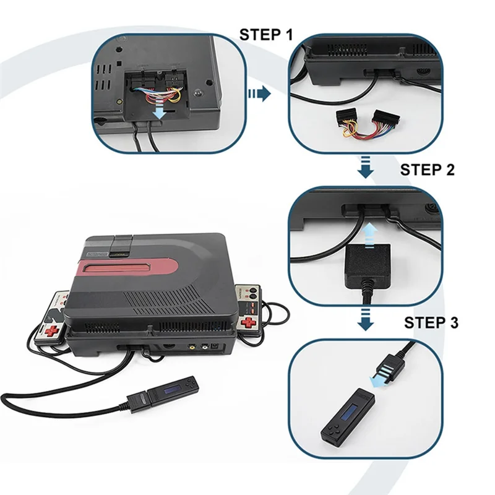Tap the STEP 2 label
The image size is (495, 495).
tap(428, 169)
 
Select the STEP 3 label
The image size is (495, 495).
tap(431, 322)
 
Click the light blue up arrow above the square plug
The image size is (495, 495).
tap(369, 232)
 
